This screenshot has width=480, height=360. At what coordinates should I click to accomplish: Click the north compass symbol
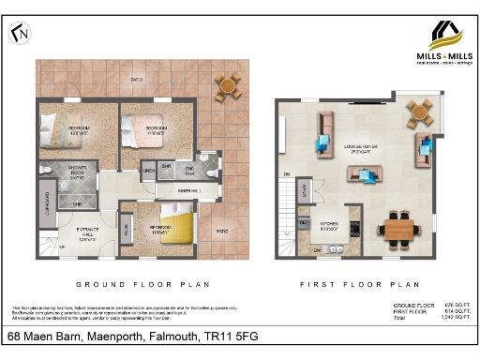click(19, 34)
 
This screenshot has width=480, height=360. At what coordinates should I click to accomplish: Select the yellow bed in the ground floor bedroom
click(174, 225)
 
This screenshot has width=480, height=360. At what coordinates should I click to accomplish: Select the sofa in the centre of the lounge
click(363, 174)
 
